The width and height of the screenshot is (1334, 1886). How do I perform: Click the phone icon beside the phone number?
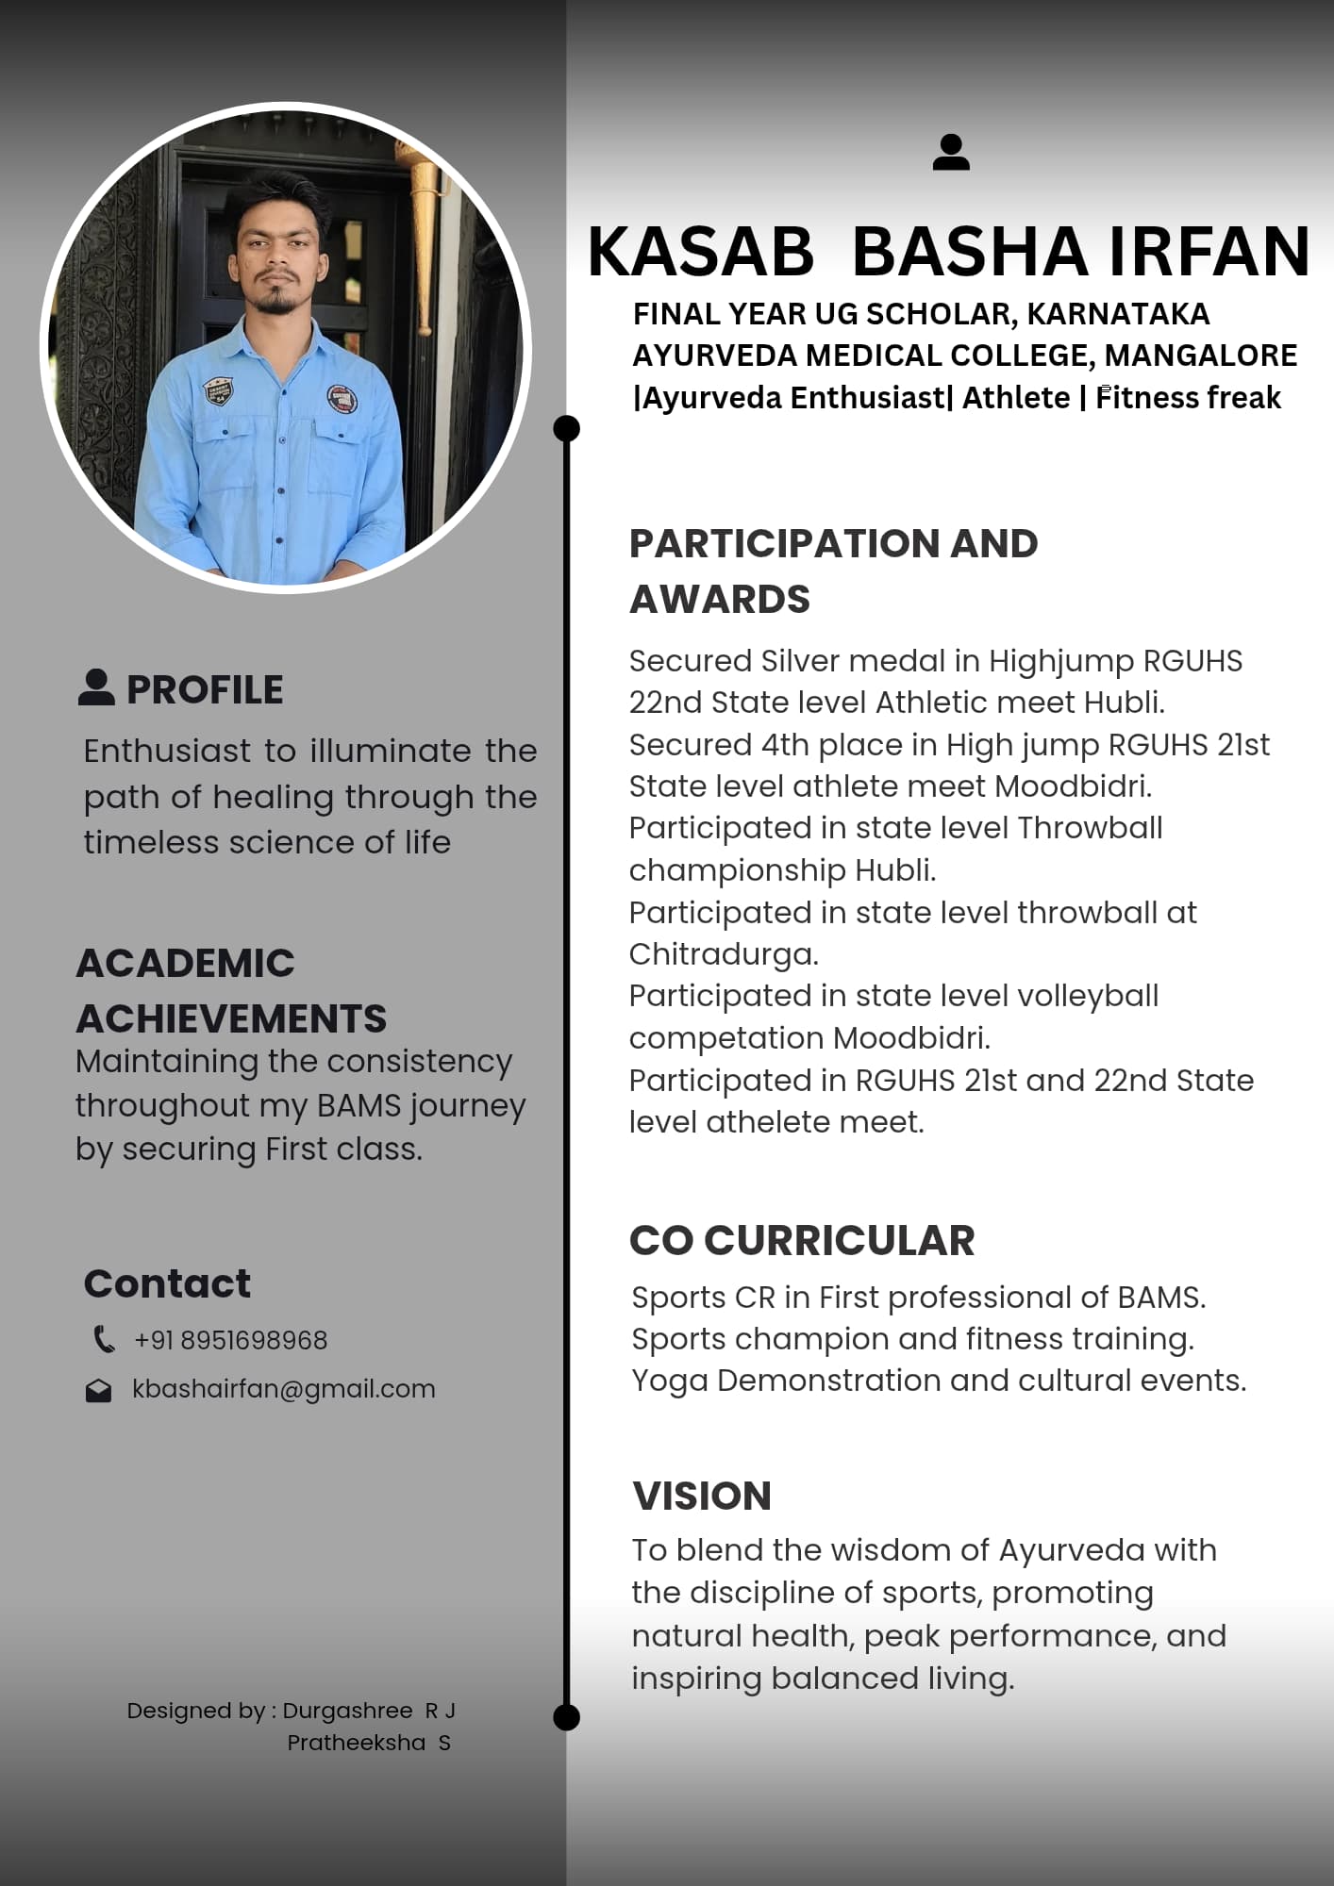click(104, 1339)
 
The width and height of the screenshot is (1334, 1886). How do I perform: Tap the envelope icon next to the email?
click(99, 1391)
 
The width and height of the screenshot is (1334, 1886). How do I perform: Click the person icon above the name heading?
click(951, 153)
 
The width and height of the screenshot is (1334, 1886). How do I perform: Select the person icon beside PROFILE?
click(96, 687)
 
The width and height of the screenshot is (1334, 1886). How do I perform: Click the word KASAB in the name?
click(700, 252)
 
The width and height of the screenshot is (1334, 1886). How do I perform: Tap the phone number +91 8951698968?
click(231, 1340)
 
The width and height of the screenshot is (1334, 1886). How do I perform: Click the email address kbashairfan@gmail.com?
click(284, 1389)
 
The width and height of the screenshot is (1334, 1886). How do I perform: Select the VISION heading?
click(702, 1497)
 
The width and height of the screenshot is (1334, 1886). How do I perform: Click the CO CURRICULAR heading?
click(802, 1241)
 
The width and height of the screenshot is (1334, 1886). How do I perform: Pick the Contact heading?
click(167, 1283)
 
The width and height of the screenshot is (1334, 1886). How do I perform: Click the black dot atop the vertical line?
click(566, 428)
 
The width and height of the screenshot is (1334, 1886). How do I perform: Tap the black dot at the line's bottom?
click(566, 1717)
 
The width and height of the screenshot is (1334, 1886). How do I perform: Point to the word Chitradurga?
click(723, 954)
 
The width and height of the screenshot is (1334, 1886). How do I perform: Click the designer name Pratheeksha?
click(356, 1743)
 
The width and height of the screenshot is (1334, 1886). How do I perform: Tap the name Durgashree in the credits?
click(347, 1711)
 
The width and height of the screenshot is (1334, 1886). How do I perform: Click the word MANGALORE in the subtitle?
click(1200, 356)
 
